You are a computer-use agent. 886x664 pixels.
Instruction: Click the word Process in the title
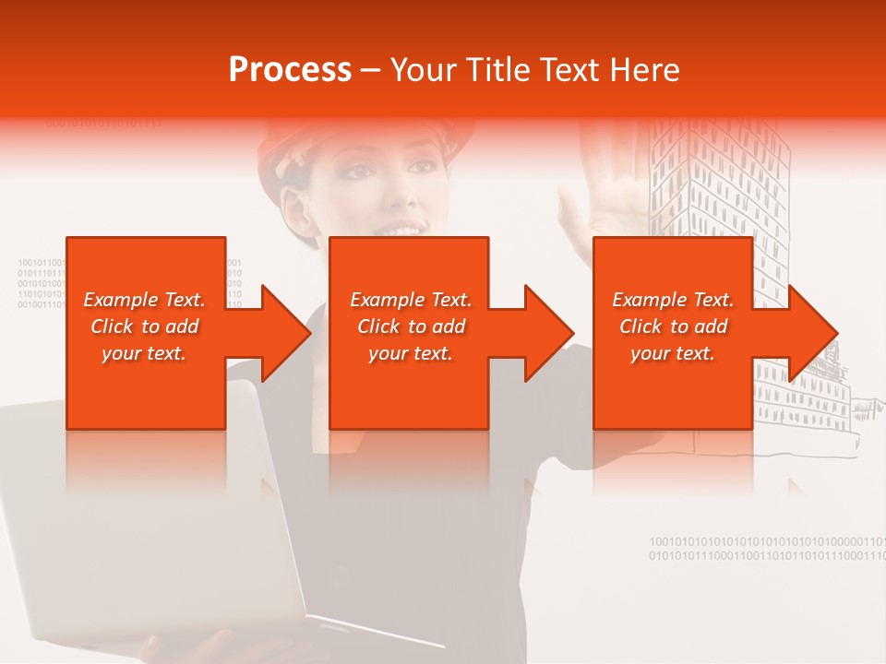point(290,70)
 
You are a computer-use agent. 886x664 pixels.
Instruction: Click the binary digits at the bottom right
point(766,549)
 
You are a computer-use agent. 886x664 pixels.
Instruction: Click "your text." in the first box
point(143,353)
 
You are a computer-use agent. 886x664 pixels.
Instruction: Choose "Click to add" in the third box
point(673,326)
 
